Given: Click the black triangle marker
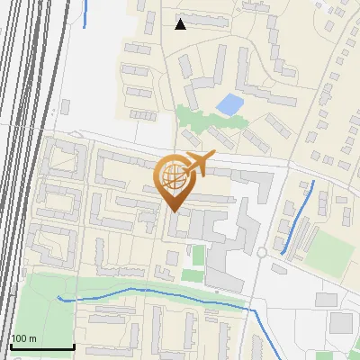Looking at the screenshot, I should tap(180, 23).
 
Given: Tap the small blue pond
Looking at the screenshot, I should tap(229, 104).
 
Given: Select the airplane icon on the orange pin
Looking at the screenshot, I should tap(199, 163).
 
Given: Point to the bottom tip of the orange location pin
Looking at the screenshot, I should tap(173, 211).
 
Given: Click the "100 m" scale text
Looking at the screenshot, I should tap(23, 338).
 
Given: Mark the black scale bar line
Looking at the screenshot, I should tap(41, 346).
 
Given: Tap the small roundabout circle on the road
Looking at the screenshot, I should tap(261, 253).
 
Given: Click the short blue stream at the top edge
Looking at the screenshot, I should tap(84, 13).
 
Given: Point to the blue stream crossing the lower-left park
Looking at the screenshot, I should tap(135, 291).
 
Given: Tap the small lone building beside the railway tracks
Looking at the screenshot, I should tap(65, 106).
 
